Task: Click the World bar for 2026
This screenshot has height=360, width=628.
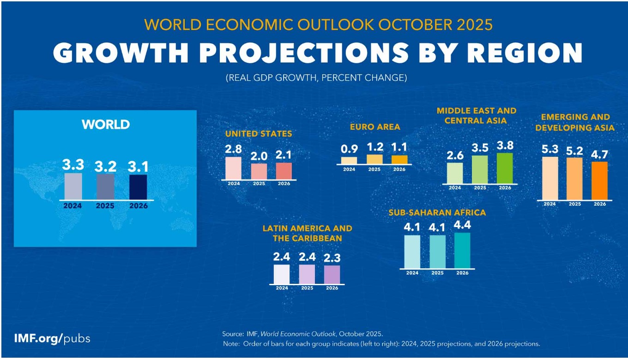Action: point(138,187)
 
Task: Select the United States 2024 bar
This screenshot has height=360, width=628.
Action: point(233,168)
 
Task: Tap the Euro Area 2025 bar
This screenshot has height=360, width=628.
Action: point(374,159)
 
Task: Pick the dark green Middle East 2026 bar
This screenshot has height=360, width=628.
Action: point(505,168)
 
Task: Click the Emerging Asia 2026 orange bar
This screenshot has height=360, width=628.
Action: point(599,180)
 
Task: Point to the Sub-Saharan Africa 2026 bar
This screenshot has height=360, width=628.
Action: point(462,250)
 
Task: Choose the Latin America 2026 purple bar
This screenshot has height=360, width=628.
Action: point(332,275)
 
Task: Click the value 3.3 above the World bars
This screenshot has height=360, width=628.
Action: point(73,165)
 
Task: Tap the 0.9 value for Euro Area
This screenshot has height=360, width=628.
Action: point(349,149)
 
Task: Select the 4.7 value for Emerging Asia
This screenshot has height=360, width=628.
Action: point(599,154)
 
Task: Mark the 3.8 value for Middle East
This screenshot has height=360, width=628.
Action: point(505,145)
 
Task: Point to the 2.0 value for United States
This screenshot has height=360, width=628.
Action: point(259,156)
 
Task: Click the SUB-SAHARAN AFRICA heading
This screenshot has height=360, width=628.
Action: point(437,213)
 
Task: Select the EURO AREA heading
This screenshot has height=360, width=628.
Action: point(374,127)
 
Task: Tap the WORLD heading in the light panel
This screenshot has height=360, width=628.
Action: point(106,125)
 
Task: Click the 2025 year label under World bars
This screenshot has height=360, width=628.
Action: point(105,206)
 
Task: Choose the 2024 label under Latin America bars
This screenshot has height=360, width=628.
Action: point(282,288)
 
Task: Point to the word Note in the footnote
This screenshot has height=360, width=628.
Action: point(229,344)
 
